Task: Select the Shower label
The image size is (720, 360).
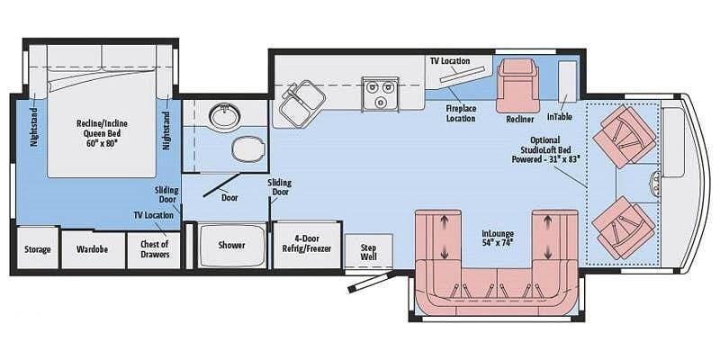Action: coord(231,246)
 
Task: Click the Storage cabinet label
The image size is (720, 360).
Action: coord(37,249)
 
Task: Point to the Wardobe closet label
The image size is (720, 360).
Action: coord(92,249)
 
